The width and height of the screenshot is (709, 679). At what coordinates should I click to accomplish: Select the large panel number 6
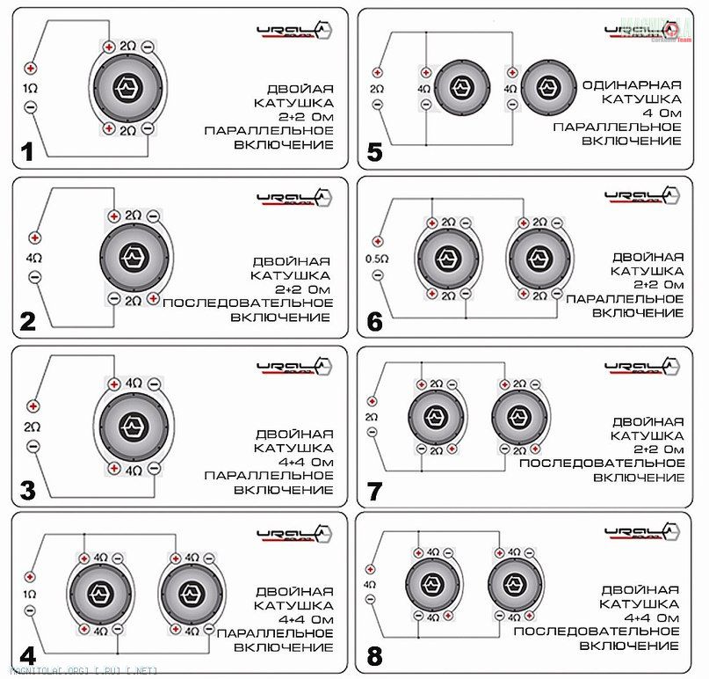click(375, 322)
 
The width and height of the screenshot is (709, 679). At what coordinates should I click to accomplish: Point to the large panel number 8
click(375, 656)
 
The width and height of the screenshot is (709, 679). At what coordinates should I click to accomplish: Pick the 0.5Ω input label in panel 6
click(377, 259)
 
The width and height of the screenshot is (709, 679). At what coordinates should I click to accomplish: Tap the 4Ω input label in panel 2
click(33, 258)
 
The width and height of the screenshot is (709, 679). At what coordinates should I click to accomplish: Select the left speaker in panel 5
click(458, 88)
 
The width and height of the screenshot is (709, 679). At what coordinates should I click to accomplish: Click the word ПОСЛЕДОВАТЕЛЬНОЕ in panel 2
click(247, 303)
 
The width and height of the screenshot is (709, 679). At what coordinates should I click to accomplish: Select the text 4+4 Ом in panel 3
click(293, 461)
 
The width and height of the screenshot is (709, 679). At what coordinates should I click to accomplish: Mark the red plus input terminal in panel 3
click(32, 406)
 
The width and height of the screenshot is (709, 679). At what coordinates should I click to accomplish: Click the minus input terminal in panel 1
click(32, 106)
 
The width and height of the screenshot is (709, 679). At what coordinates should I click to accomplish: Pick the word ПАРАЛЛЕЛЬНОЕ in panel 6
click(624, 299)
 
